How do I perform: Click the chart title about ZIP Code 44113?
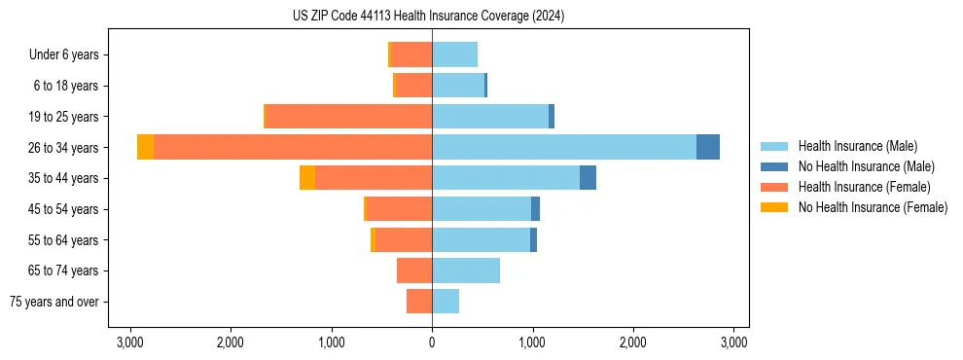(428, 17)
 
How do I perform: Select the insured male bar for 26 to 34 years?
(564, 147)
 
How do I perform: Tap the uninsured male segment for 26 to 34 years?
(708, 147)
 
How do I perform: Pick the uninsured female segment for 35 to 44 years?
(307, 178)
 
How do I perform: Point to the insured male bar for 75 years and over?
(446, 302)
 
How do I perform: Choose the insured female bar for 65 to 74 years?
(414, 270)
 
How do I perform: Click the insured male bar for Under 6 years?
(454, 54)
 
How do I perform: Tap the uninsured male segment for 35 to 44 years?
(588, 178)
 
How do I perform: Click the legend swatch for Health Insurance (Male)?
(774, 146)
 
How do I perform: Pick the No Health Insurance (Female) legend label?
(873, 207)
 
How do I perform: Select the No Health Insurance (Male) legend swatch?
(774, 166)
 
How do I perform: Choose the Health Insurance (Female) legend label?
(865, 187)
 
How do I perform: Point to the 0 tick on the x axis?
(432, 342)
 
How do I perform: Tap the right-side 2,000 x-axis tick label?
(633, 342)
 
